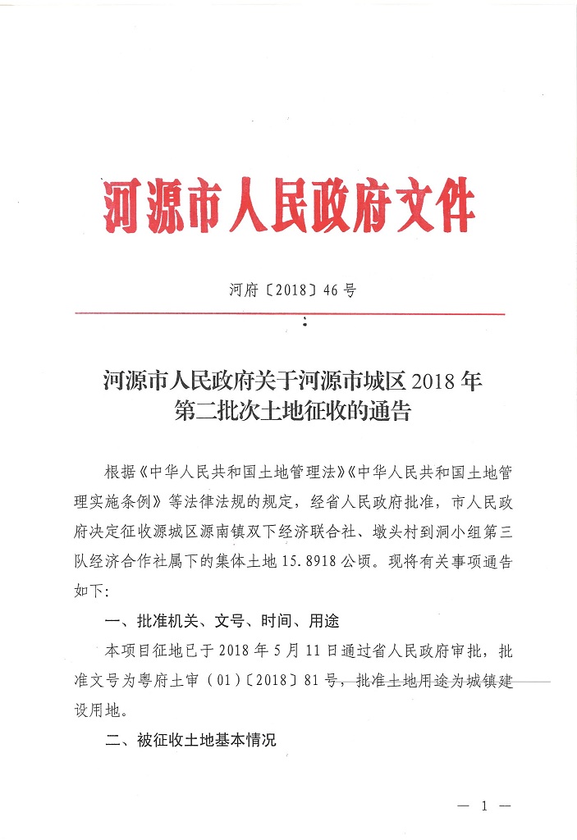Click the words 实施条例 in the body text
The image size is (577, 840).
tap(124, 503)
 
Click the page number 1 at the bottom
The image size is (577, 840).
tap(483, 806)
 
